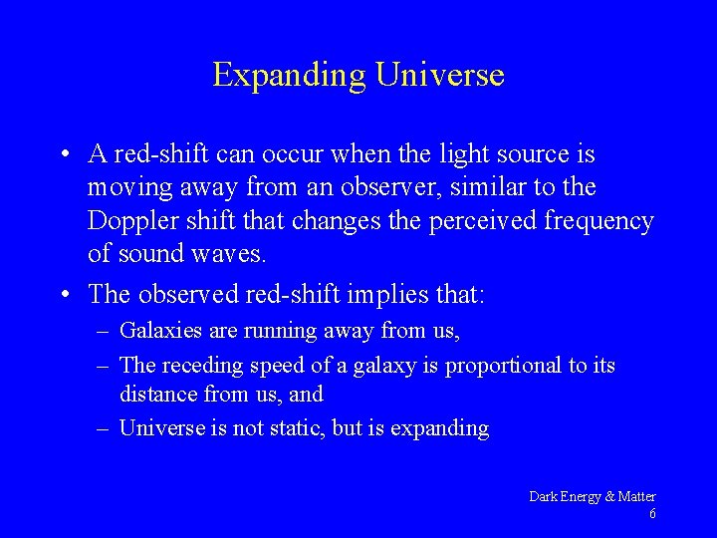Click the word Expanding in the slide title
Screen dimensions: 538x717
(290, 75)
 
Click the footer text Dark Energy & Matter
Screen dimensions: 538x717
(592, 496)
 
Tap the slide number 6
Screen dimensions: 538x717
(651, 514)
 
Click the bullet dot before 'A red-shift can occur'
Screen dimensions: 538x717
(65, 155)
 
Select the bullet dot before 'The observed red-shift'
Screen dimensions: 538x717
(65, 295)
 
